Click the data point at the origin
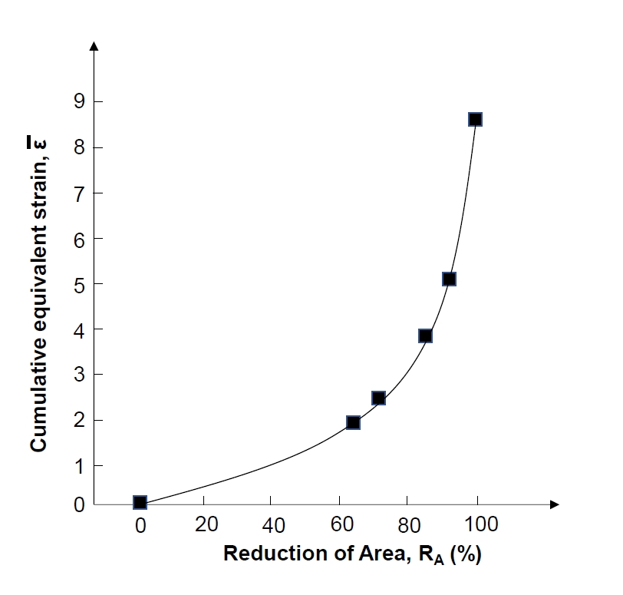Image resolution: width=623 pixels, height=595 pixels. [140, 502]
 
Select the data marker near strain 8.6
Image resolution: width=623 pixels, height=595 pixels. [475, 119]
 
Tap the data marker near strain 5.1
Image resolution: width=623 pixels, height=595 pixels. [449, 279]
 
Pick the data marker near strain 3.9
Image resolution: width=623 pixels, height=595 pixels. [425, 336]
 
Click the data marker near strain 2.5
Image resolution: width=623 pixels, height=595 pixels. [378, 398]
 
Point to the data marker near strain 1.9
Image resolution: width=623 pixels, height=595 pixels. [353, 422]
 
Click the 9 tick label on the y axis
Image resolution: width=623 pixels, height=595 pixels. [77, 101]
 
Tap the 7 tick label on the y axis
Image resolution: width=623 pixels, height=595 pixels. [77, 193]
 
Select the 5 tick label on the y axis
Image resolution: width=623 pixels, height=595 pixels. [77, 284]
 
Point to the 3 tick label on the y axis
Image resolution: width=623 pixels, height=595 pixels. [77, 375]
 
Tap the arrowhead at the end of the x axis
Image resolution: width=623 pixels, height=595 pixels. [555, 504]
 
